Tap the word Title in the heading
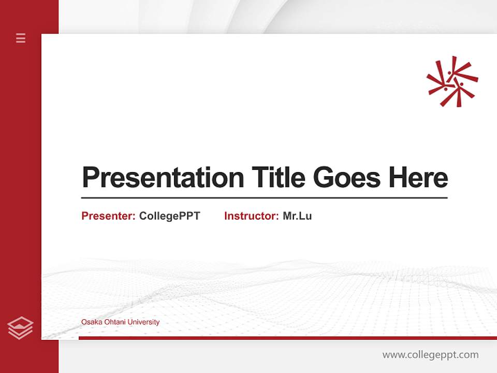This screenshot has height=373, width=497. [279, 178]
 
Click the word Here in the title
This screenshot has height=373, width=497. [418, 178]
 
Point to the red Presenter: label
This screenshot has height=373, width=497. [108, 216]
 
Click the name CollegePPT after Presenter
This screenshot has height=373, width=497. [169, 216]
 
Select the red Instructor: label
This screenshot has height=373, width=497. [251, 216]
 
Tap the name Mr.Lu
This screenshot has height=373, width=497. [297, 216]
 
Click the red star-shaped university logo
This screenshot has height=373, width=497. [452, 82]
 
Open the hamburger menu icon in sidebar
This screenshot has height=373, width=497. [21, 38]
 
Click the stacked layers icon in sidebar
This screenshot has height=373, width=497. [20, 328]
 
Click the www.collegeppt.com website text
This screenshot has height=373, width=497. [430, 355]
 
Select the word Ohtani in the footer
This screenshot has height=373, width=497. [113, 322]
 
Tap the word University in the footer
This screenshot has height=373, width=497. [143, 322]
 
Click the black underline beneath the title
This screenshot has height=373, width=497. [264, 198]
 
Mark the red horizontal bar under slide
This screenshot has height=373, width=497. [287, 338]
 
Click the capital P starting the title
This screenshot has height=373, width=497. [91, 178]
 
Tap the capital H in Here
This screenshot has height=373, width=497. [398, 178]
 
